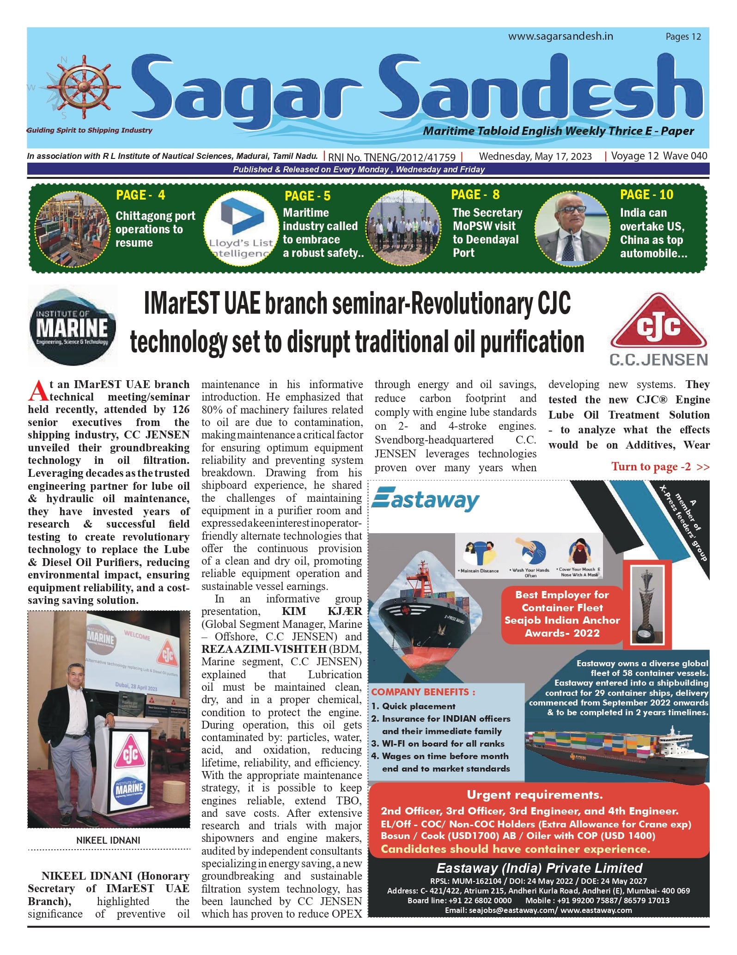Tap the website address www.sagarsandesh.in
coord(560,36)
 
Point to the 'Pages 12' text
coord(683,36)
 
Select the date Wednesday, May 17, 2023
coord(535,156)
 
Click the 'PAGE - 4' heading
coord(140,195)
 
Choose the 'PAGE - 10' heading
coord(646,195)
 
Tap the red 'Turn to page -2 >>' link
coord(660,467)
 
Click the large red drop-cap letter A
coord(38,391)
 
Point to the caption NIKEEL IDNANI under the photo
coord(108,840)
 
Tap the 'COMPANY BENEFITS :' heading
coord(423,692)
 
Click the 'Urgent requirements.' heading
coord(534,794)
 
